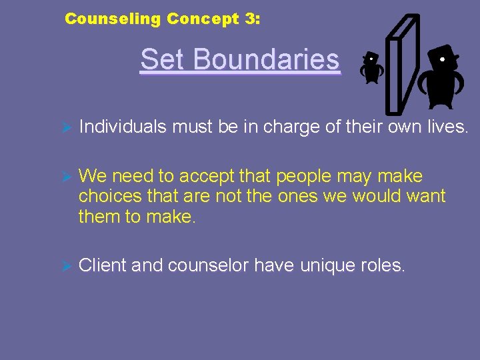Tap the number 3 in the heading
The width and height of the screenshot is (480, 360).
click(249, 19)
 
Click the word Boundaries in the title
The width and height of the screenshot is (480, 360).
click(267, 60)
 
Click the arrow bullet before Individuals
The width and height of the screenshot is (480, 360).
click(65, 128)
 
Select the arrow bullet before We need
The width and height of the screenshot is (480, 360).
click(65, 177)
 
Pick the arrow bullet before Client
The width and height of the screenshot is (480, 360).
click(65, 266)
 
